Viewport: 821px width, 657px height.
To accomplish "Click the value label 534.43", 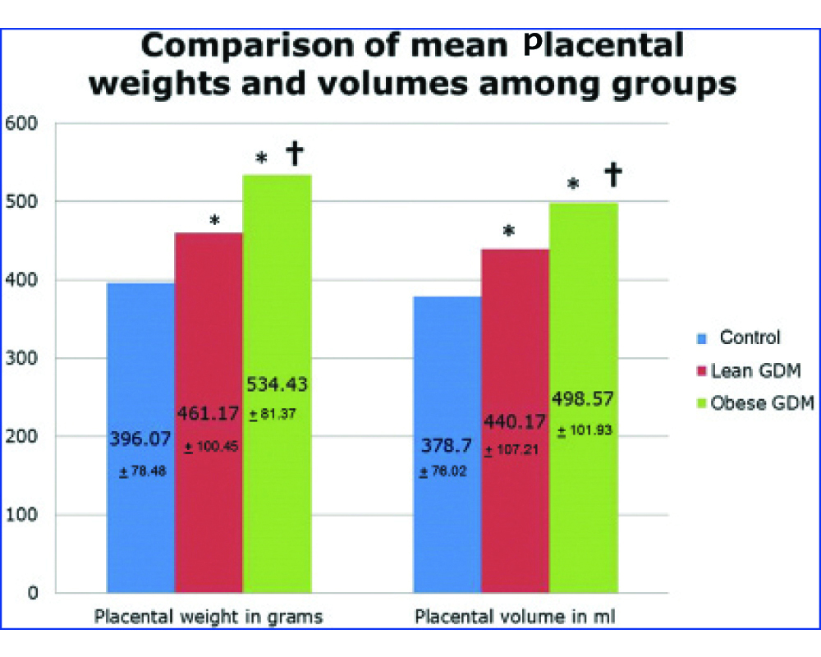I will click(x=277, y=384).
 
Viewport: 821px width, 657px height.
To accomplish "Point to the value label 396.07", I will click(x=141, y=439).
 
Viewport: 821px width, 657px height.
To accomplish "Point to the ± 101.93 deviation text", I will click(x=585, y=430).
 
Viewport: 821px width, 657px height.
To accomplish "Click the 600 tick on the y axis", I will click(x=23, y=124).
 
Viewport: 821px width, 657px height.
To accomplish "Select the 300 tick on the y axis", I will click(x=23, y=358).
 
